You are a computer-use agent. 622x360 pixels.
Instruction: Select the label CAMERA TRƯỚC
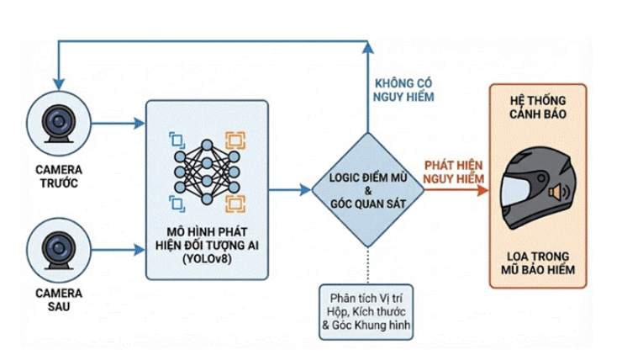(58, 173)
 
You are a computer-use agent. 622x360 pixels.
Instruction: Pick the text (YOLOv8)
(207, 260)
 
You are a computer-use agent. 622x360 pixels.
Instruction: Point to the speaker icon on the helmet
(555, 193)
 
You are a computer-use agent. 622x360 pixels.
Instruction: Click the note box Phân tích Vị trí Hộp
(366, 311)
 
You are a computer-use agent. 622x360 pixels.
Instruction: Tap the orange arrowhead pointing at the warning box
(483, 190)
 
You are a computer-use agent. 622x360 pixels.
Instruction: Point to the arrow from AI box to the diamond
(290, 190)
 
